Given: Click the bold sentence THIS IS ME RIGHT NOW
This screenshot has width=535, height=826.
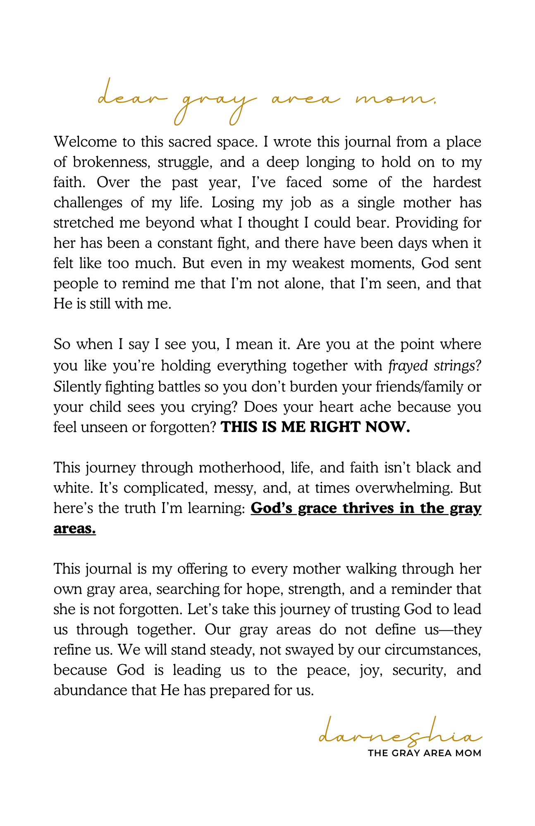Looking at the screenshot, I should click(x=315, y=427).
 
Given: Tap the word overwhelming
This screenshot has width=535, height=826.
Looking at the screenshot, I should click(x=404, y=488).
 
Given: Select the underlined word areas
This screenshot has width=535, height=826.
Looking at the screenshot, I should click(x=74, y=528).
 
